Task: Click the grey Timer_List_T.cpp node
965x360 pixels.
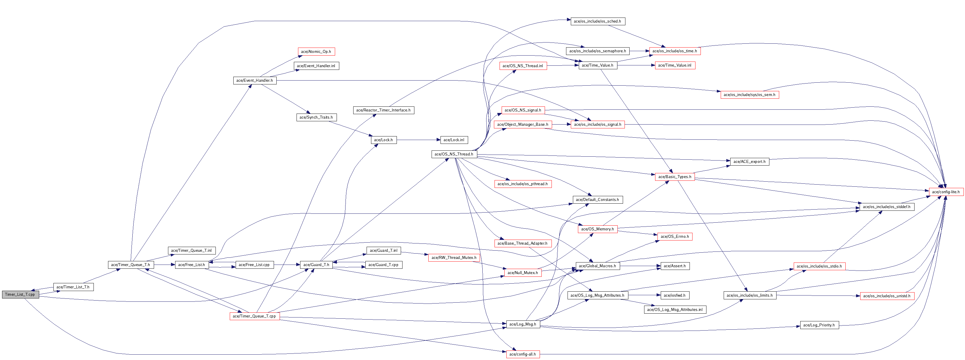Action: (x=20, y=294)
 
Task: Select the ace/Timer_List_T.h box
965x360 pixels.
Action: (x=73, y=287)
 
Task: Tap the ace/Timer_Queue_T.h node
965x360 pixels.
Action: (x=130, y=265)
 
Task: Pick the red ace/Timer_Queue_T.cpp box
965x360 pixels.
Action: (x=254, y=316)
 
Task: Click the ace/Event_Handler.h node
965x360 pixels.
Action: (x=255, y=81)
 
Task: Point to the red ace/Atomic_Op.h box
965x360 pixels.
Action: (x=316, y=52)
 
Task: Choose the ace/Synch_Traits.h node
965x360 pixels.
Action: (x=316, y=117)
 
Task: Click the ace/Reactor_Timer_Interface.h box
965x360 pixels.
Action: (x=383, y=110)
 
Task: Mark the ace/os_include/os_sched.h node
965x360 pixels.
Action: (x=598, y=21)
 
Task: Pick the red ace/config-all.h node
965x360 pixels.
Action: (x=523, y=354)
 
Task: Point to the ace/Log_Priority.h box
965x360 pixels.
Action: (x=819, y=325)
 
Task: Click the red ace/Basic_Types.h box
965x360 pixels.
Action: (x=675, y=177)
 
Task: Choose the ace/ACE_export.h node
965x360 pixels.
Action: (x=750, y=162)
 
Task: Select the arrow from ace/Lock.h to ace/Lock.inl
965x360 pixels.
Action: (x=418, y=140)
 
